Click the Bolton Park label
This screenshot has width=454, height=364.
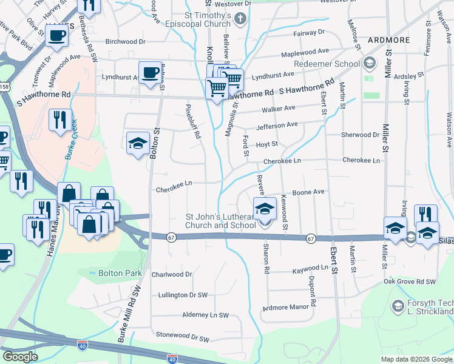pyautogui.click(x=120, y=274)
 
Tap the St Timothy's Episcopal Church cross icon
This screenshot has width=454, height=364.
pyautogui.click(x=240, y=18)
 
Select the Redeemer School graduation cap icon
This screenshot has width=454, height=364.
pyautogui.click(x=370, y=63)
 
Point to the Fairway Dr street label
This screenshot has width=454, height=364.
pyautogui.click(x=310, y=32)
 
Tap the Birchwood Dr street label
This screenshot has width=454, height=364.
pyautogui.click(x=126, y=42)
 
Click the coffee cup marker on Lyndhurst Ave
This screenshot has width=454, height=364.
pyautogui.click(x=149, y=72)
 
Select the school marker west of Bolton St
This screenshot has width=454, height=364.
pyautogui.click(x=138, y=143)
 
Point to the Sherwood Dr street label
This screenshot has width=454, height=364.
pyautogui.click(x=360, y=135)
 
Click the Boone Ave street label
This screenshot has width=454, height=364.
pyautogui.click(x=308, y=192)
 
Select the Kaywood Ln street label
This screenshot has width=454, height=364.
pyautogui.click(x=310, y=268)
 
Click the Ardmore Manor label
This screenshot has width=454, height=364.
pyautogui.click(x=286, y=308)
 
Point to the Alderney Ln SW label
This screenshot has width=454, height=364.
pyautogui.click(x=205, y=315)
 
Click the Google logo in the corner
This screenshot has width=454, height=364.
pyautogui.click(x=20, y=357)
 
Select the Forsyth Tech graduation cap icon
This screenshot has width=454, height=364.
pyautogui.click(x=398, y=305)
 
